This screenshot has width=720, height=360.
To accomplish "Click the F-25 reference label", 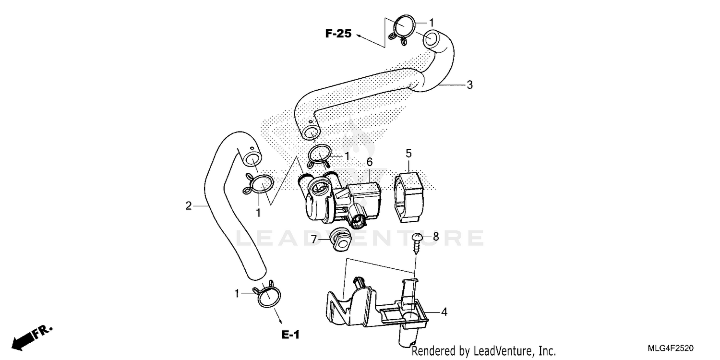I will click(338, 34).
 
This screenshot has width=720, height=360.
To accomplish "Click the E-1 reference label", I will click(290, 336).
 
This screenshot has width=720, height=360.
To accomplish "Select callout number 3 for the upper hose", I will click(469, 85).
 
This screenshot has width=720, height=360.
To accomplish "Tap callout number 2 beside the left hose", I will click(189, 206).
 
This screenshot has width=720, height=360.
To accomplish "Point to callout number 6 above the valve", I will click(369, 163).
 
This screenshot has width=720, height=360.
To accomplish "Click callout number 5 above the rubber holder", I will click(408, 153).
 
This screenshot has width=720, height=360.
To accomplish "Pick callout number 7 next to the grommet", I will click(314, 239).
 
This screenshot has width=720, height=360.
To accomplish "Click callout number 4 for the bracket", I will click(444, 312).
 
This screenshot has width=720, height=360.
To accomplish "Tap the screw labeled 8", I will click(416, 242).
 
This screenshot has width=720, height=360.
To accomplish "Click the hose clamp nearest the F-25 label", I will click(401, 29).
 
